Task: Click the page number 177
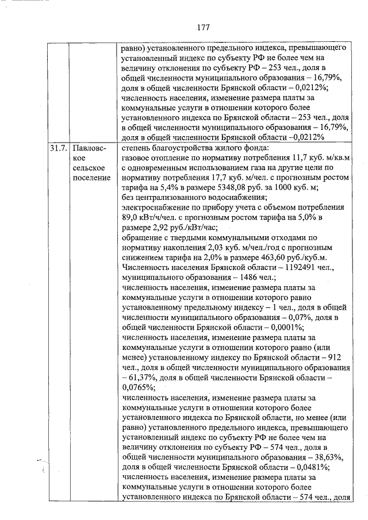pyautogui.click(x=202, y=27)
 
